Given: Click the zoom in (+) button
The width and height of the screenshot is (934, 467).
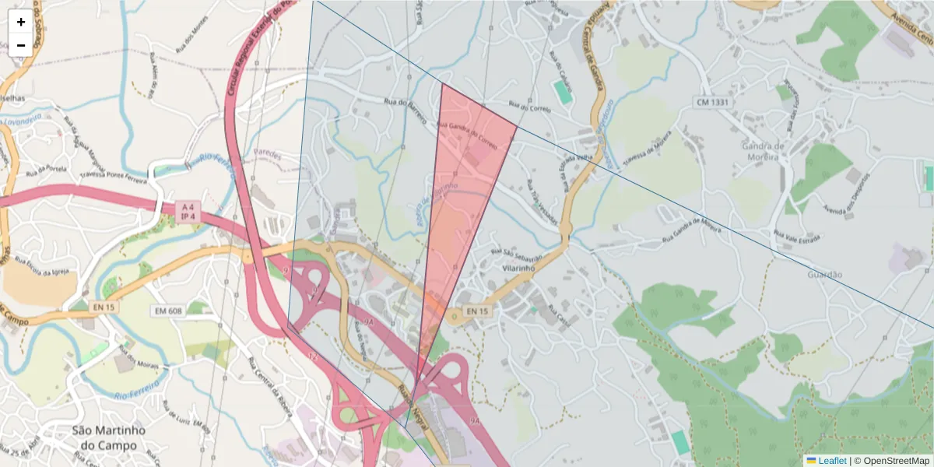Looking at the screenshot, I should pos(21,21).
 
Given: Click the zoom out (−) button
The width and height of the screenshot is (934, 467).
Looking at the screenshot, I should pos(21,45).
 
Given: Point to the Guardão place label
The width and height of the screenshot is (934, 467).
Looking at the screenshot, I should pos(825,275).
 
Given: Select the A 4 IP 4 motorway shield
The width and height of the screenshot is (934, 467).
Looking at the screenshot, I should pos(187,212).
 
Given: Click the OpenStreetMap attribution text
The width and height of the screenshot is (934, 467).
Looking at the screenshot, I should pos(895,461).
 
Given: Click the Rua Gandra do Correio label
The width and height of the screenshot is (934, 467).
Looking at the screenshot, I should pos(467,134).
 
